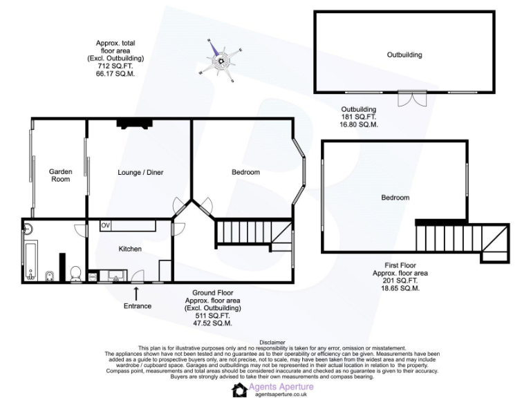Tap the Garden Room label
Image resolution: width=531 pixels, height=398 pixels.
(x=60, y=175)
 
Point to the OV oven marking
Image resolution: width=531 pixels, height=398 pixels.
(x=106, y=225)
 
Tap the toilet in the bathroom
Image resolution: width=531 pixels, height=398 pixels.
(x=76, y=272)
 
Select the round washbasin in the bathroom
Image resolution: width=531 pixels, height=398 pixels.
(x=29, y=228)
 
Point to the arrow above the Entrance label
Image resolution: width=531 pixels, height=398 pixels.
(x=136, y=293)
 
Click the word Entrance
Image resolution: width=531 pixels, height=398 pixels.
(x=137, y=305)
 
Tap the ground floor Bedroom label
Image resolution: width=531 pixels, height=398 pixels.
(x=245, y=172)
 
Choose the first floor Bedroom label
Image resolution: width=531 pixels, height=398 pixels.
(x=395, y=198)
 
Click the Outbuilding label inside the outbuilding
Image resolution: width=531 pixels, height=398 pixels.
(x=404, y=55)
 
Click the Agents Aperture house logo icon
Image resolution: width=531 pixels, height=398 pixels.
(x=239, y=390)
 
